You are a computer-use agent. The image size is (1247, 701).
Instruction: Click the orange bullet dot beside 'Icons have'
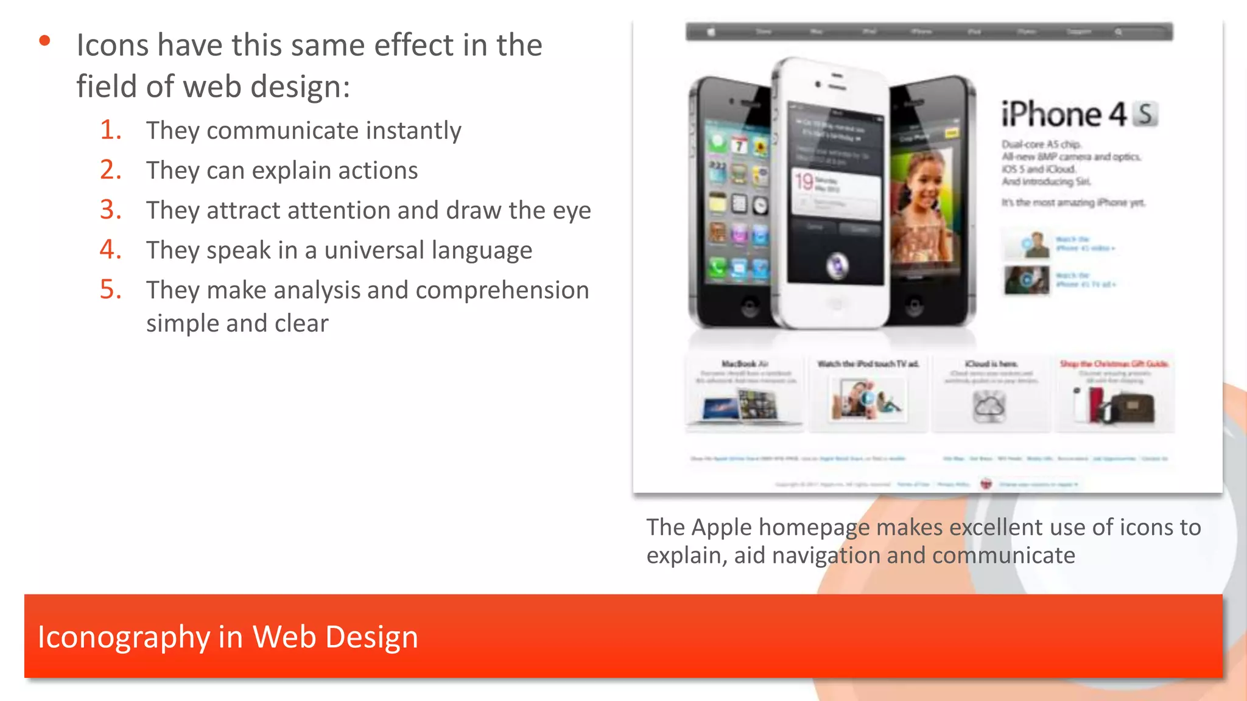pos(44,41)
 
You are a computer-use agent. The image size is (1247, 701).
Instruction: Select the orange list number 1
pos(110,130)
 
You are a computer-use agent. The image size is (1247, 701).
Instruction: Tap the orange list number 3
pos(110,210)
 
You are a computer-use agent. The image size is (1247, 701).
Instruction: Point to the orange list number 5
pos(110,290)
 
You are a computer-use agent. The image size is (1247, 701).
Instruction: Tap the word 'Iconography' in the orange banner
pos(123,637)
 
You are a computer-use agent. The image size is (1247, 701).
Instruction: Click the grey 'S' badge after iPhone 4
pos(1145,114)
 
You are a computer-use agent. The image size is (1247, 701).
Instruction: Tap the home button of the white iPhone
pos(835,304)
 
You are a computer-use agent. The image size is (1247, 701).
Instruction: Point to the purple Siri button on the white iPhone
pos(837,265)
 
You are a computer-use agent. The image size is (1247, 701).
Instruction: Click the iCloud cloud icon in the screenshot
pos(989,405)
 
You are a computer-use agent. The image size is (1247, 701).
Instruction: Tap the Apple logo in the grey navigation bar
pos(711,32)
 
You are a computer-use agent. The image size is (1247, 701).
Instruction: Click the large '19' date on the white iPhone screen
pos(804,181)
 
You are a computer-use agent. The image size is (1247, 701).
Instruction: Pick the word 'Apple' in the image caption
pos(721,528)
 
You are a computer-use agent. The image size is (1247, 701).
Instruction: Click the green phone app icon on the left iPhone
pos(717,267)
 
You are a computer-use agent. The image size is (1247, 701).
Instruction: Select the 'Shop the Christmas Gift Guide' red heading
pos(1114,364)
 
